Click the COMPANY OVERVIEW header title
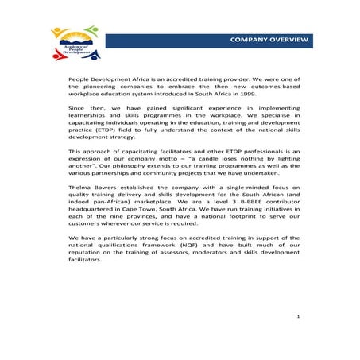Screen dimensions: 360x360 (x=267, y=39)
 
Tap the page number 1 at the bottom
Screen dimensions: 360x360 (x=296, y=316)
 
